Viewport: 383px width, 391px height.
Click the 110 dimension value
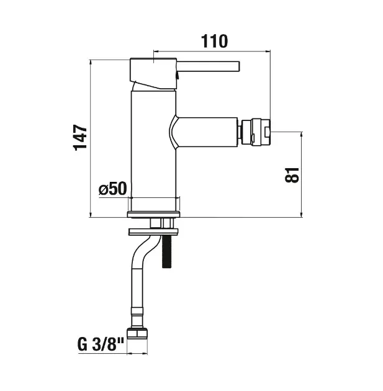[214, 41]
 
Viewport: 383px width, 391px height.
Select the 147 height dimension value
[81, 138]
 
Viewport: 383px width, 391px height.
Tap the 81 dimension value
[292, 175]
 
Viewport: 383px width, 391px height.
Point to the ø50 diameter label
[113, 189]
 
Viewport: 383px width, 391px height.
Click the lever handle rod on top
[209, 66]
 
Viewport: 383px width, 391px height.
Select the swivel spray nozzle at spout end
[255, 132]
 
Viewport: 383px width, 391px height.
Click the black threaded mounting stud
[166, 251]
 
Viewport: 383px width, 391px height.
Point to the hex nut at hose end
[137, 333]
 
